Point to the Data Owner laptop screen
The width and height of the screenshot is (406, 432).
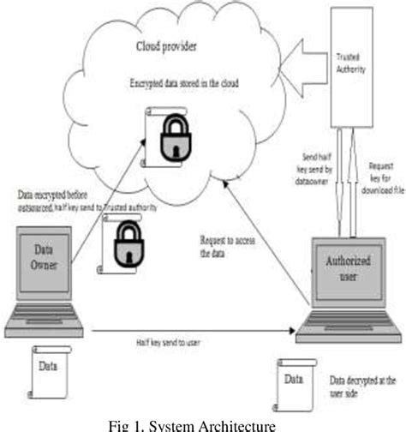tap(44, 257)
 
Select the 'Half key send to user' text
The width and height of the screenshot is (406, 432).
tap(167, 341)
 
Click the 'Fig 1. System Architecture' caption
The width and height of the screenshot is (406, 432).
tap(203, 423)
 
